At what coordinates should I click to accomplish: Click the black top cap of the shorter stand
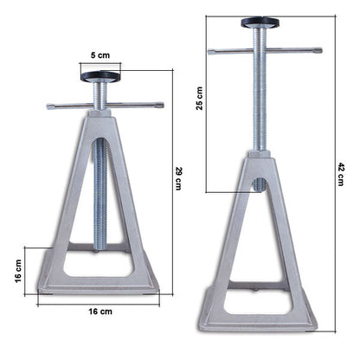pyautogui.click(x=101, y=76)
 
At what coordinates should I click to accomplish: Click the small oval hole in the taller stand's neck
pyautogui.click(x=259, y=184)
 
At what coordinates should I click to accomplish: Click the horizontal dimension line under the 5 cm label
pyautogui.click(x=101, y=62)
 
